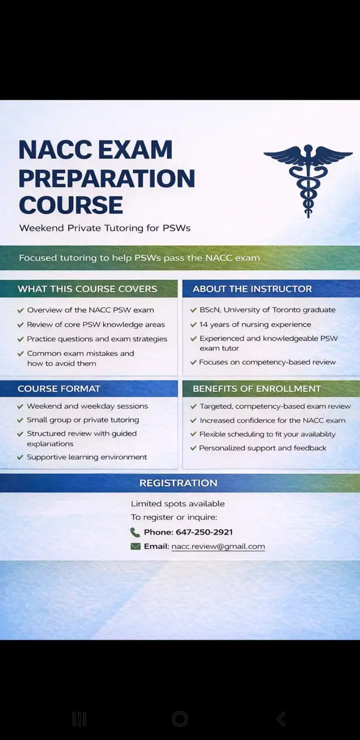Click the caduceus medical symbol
click(x=308, y=179)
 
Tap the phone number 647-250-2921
click(x=204, y=532)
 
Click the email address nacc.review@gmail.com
click(x=218, y=547)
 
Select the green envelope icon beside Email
click(x=135, y=547)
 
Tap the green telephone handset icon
click(x=135, y=532)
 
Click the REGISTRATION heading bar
click(x=178, y=483)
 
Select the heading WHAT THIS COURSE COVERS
click(x=87, y=289)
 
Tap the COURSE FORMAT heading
click(x=59, y=389)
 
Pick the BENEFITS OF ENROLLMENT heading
click(x=256, y=389)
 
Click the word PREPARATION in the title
click(x=107, y=178)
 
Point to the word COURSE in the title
click(x=70, y=205)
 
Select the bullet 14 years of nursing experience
click(x=255, y=324)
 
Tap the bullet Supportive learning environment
click(x=87, y=457)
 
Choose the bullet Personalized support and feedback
click(x=263, y=448)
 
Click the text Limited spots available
click(x=178, y=504)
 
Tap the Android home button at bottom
click(x=180, y=718)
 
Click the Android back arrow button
click(x=281, y=718)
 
